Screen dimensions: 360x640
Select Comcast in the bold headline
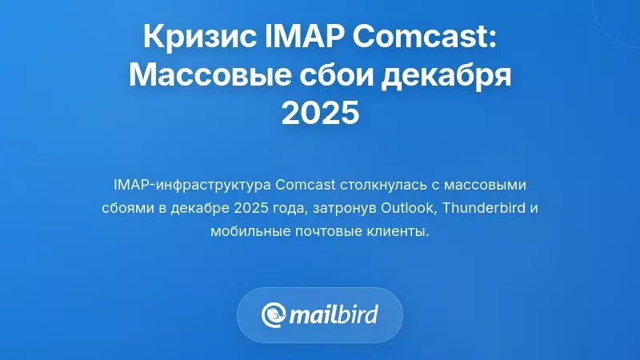[x=425, y=38]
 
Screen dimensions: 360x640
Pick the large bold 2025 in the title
[x=320, y=114]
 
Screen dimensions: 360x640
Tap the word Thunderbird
[x=482, y=209]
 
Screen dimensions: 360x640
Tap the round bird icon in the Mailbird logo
[x=276, y=314]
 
